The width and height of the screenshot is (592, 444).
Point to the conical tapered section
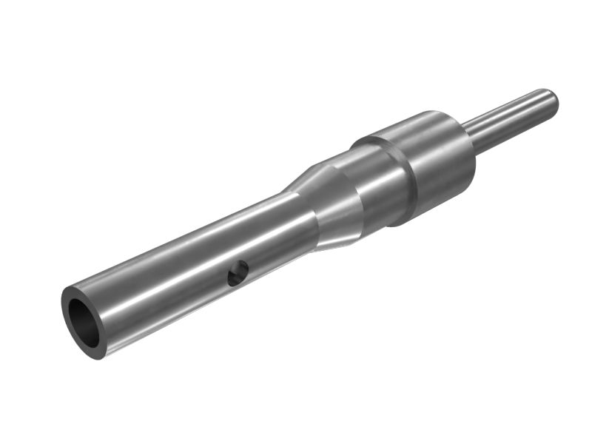pyautogui.click(x=326, y=207)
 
